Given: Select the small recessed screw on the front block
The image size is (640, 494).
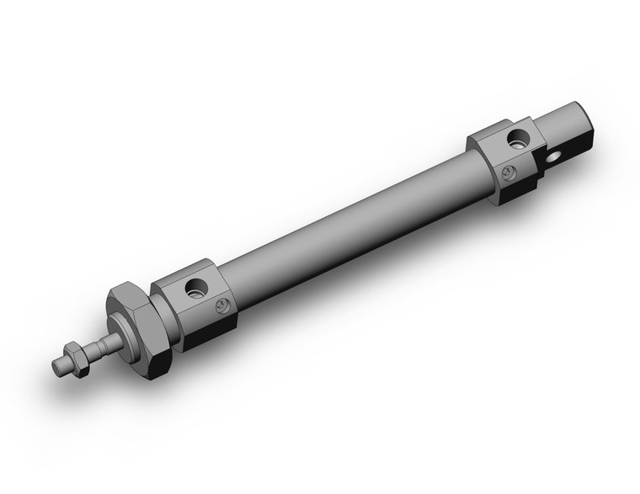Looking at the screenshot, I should pos(222,306).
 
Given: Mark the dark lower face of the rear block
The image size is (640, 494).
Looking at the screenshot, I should pos(515,192).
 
